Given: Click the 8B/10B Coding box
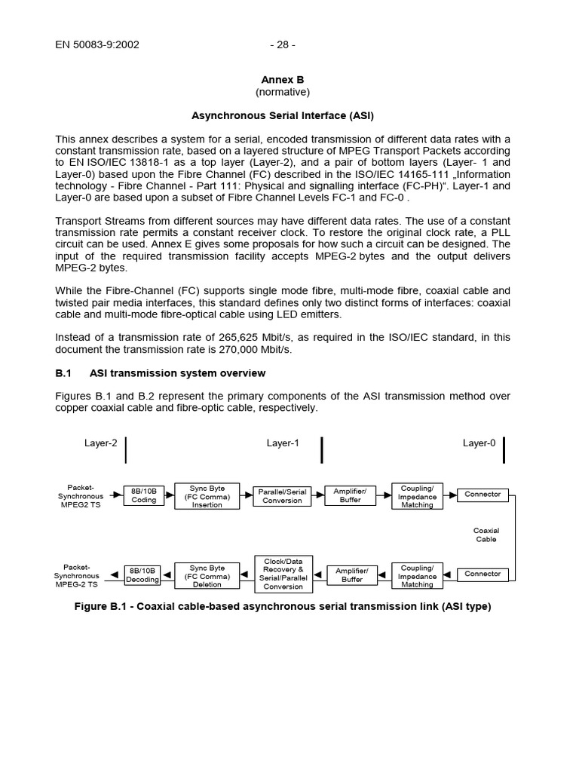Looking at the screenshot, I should point(143,495).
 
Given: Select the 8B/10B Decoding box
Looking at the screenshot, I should point(142,575).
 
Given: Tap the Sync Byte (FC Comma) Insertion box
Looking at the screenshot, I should point(207,495).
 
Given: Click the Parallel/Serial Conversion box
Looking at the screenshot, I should point(282,496).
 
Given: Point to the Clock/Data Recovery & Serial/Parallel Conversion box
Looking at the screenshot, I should point(283,574).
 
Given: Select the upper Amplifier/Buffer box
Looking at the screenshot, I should point(350,495).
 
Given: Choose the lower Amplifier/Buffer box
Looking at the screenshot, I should point(351,575).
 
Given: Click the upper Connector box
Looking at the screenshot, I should point(482,495).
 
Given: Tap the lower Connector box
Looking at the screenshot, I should point(482,574).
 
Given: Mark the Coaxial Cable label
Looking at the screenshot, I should point(486,535).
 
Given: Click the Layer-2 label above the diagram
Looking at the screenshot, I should point(100,443).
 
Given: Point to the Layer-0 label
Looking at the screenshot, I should point(479,443).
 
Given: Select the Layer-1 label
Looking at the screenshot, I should point(283,443).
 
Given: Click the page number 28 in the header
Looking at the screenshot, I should point(282,44).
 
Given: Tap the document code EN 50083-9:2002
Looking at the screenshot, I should point(97,44).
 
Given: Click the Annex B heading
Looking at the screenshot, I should point(282,80).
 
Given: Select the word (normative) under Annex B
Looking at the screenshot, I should point(282,92).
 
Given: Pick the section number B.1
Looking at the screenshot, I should point(63,373).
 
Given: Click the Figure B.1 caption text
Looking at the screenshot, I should point(282,606).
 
